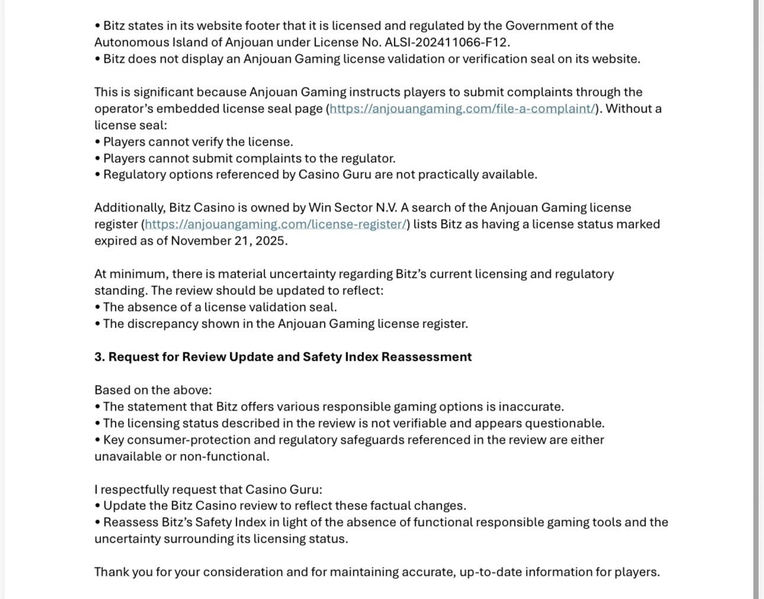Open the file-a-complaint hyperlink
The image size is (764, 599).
coord(463,109)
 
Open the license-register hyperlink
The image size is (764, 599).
coord(275,225)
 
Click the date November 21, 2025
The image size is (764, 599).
coord(229,241)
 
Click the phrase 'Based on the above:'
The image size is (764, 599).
coord(153,390)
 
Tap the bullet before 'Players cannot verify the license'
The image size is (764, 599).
coord(98,142)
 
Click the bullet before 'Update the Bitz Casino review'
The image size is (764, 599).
coord(98,506)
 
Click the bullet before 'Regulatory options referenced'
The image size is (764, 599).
coord(98,175)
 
